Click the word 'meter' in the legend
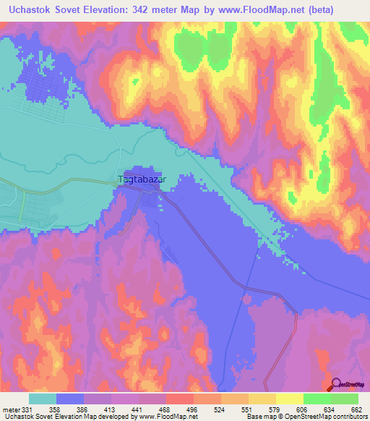(11, 409)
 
